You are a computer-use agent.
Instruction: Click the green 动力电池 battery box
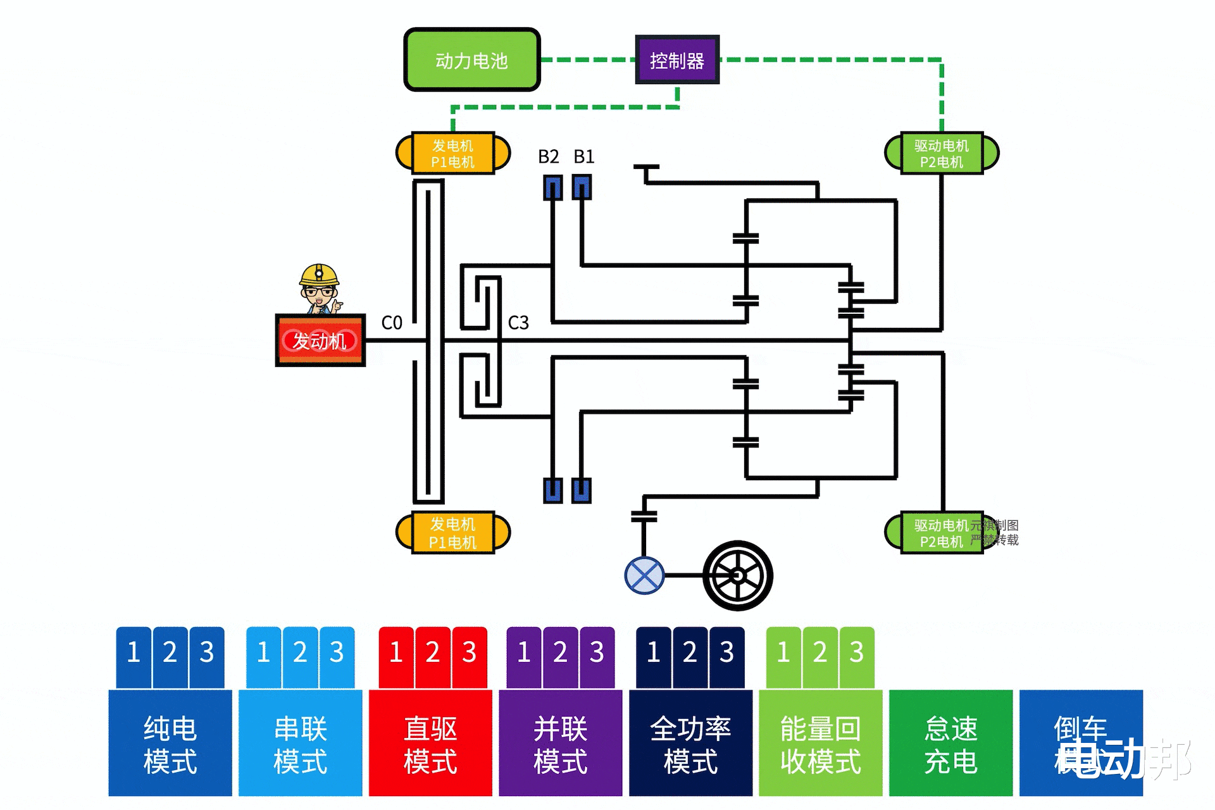[471, 60]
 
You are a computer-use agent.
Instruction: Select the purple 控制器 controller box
[677, 60]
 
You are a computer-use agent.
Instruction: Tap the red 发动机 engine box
[320, 340]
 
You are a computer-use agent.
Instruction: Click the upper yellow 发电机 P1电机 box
[452, 153]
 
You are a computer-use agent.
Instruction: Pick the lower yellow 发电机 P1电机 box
[452, 532]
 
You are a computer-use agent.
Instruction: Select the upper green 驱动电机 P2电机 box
[941, 153]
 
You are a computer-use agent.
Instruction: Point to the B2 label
[548, 156]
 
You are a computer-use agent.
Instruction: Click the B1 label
[583, 156]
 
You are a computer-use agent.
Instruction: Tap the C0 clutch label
[392, 323]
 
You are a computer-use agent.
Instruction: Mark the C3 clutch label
[518, 323]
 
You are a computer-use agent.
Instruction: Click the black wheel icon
[737, 575]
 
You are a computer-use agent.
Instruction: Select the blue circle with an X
[644, 575]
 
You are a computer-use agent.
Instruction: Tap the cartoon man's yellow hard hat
[319, 274]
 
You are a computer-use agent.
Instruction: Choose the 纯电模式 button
[170, 744]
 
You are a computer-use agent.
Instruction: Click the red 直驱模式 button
[430, 744]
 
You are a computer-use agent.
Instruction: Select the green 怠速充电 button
[950, 744]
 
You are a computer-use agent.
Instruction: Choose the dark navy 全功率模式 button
[690, 744]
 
